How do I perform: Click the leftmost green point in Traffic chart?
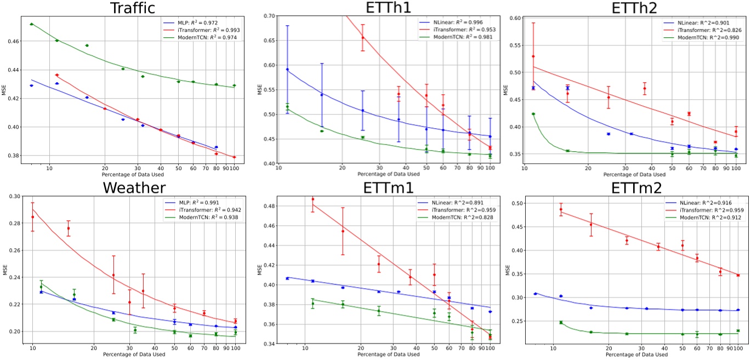(x=32, y=24)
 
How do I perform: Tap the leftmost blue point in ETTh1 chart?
(x=287, y=70)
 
